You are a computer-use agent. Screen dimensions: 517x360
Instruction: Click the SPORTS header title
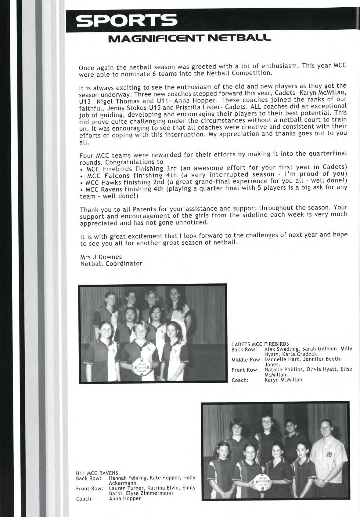click(126, 21)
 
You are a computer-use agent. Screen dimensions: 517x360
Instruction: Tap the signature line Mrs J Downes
click(101, 257)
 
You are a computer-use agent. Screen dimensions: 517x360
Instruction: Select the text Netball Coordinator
click(111, 264)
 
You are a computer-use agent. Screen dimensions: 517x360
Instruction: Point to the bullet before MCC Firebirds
click(81, 169)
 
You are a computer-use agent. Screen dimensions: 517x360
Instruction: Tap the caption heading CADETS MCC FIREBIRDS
click(260, 344)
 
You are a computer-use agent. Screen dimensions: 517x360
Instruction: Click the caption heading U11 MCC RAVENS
click(97, 473)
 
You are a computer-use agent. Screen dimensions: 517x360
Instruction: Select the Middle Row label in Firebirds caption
click(247, 360)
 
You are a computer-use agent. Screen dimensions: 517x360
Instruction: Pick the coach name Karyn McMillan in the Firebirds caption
click(283, 380)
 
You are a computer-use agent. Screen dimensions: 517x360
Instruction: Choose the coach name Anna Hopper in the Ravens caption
click(125, 498)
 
